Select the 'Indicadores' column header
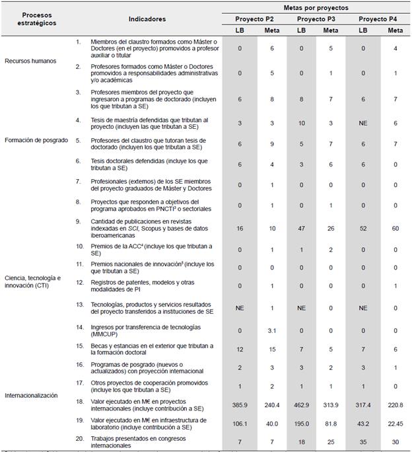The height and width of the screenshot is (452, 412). tap(147, 19)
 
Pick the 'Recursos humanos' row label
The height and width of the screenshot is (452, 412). tap(30, 61)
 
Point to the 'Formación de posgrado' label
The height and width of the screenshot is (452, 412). tap(36, 141)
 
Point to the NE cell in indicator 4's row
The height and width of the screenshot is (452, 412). tap(364, 123)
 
